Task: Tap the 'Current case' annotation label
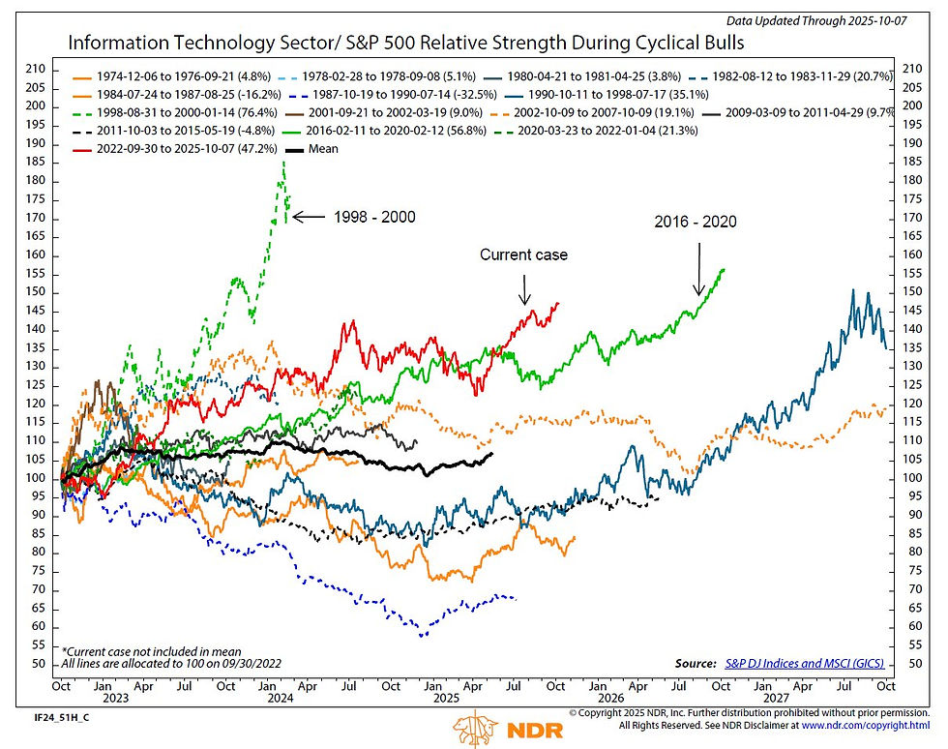[x=523, y=255]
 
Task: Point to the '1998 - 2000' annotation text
[x=375, y=217]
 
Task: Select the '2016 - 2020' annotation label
[x=695, y=222]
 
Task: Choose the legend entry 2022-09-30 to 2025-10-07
[x=170, y=150]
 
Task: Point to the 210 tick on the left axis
[x=37, y=69]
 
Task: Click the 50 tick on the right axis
[x=911, y=665]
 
